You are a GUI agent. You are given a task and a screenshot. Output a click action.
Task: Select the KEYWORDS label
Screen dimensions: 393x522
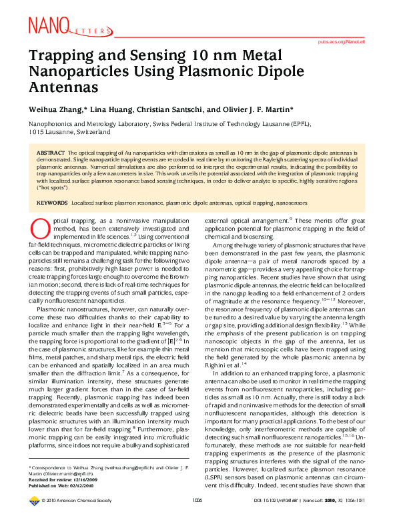tap(52, 201)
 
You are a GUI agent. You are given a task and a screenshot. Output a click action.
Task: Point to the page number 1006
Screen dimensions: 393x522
tap(197, 517)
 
